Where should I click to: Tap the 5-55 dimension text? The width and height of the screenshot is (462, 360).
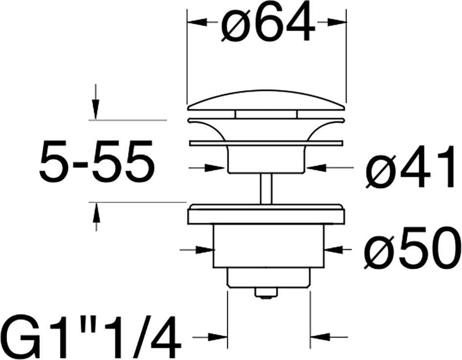point(97,162)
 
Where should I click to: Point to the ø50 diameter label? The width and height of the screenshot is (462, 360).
point(411,248)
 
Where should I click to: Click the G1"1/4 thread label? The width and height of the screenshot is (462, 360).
point(91,337)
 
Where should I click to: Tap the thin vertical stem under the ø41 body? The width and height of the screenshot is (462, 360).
point(266,189)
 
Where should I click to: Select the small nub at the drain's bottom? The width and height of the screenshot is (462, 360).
point(266,293)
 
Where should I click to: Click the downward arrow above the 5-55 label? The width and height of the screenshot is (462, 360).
point(95,102)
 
